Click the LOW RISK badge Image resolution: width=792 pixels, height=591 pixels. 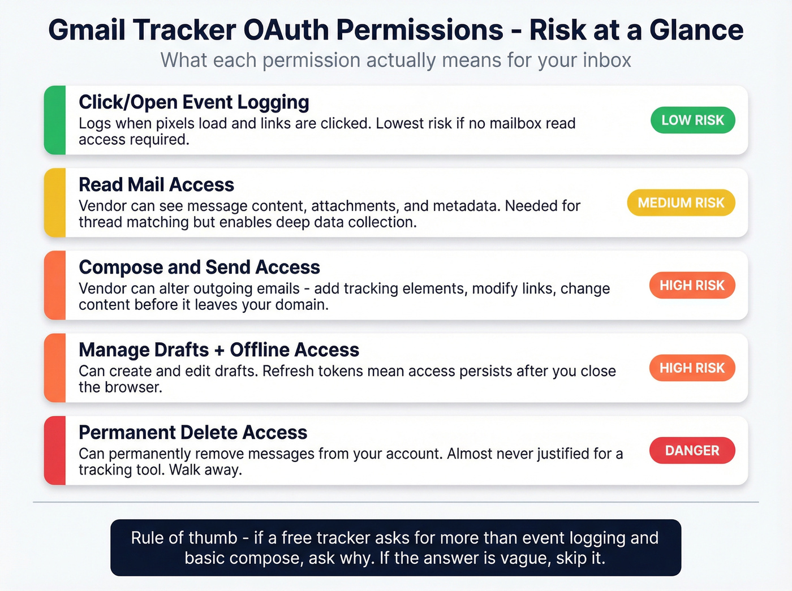pyautogui.click(x=692, y=120)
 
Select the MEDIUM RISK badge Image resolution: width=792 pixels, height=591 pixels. pyautogui.click(x=681, y=202)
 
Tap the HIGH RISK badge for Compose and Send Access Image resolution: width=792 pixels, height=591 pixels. pyautogui.click(x=692, y=285)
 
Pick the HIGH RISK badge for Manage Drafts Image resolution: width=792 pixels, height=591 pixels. pyautogui.click(x=692, y=368)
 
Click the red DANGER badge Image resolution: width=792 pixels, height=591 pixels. pyautogui.click(x=692, y=450)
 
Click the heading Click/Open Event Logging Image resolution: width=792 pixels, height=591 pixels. pyautogui.click(x=193, y=102)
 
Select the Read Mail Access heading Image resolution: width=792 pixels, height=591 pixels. pyautogui.click(x=156, y=185)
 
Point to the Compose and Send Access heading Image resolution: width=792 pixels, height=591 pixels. pyautogui.click(x=199, y=268)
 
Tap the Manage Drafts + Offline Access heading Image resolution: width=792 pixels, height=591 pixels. pyautogui.click(x=219, y=350)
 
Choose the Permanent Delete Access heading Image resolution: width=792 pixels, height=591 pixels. pyautogui.click(x=193, y=433)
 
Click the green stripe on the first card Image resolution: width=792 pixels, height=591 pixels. pyautogui.click(x=55, y=120)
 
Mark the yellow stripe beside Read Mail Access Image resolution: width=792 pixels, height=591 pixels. pyautogui.click(x=55, y=202)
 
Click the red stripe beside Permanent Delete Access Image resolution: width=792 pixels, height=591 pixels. pyautogui.click(x=55, y=450)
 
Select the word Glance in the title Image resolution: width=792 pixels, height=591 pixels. pyautogui.click(x=696, y=30)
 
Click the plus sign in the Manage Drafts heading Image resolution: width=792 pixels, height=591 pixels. pyautogui.click(x=219, y=351)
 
